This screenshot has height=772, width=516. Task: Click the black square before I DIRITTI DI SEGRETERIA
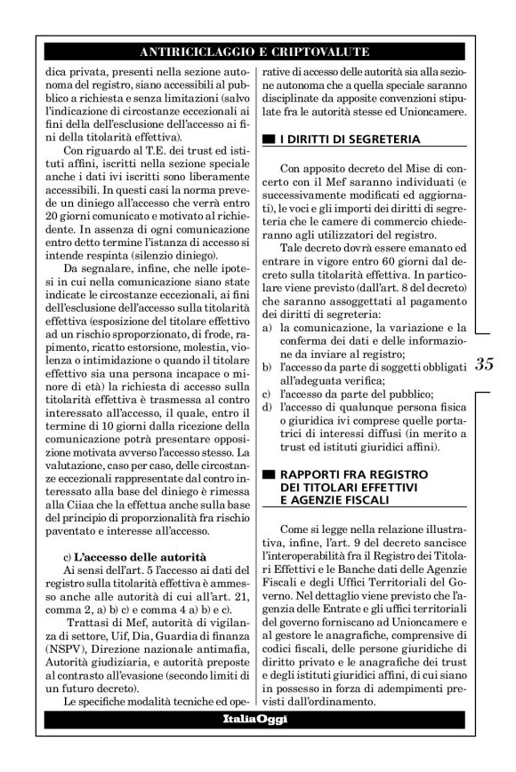coord(268,139)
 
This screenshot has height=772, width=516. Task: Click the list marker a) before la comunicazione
coord(268,328)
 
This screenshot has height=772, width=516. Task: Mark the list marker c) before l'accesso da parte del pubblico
coord(268,393)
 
